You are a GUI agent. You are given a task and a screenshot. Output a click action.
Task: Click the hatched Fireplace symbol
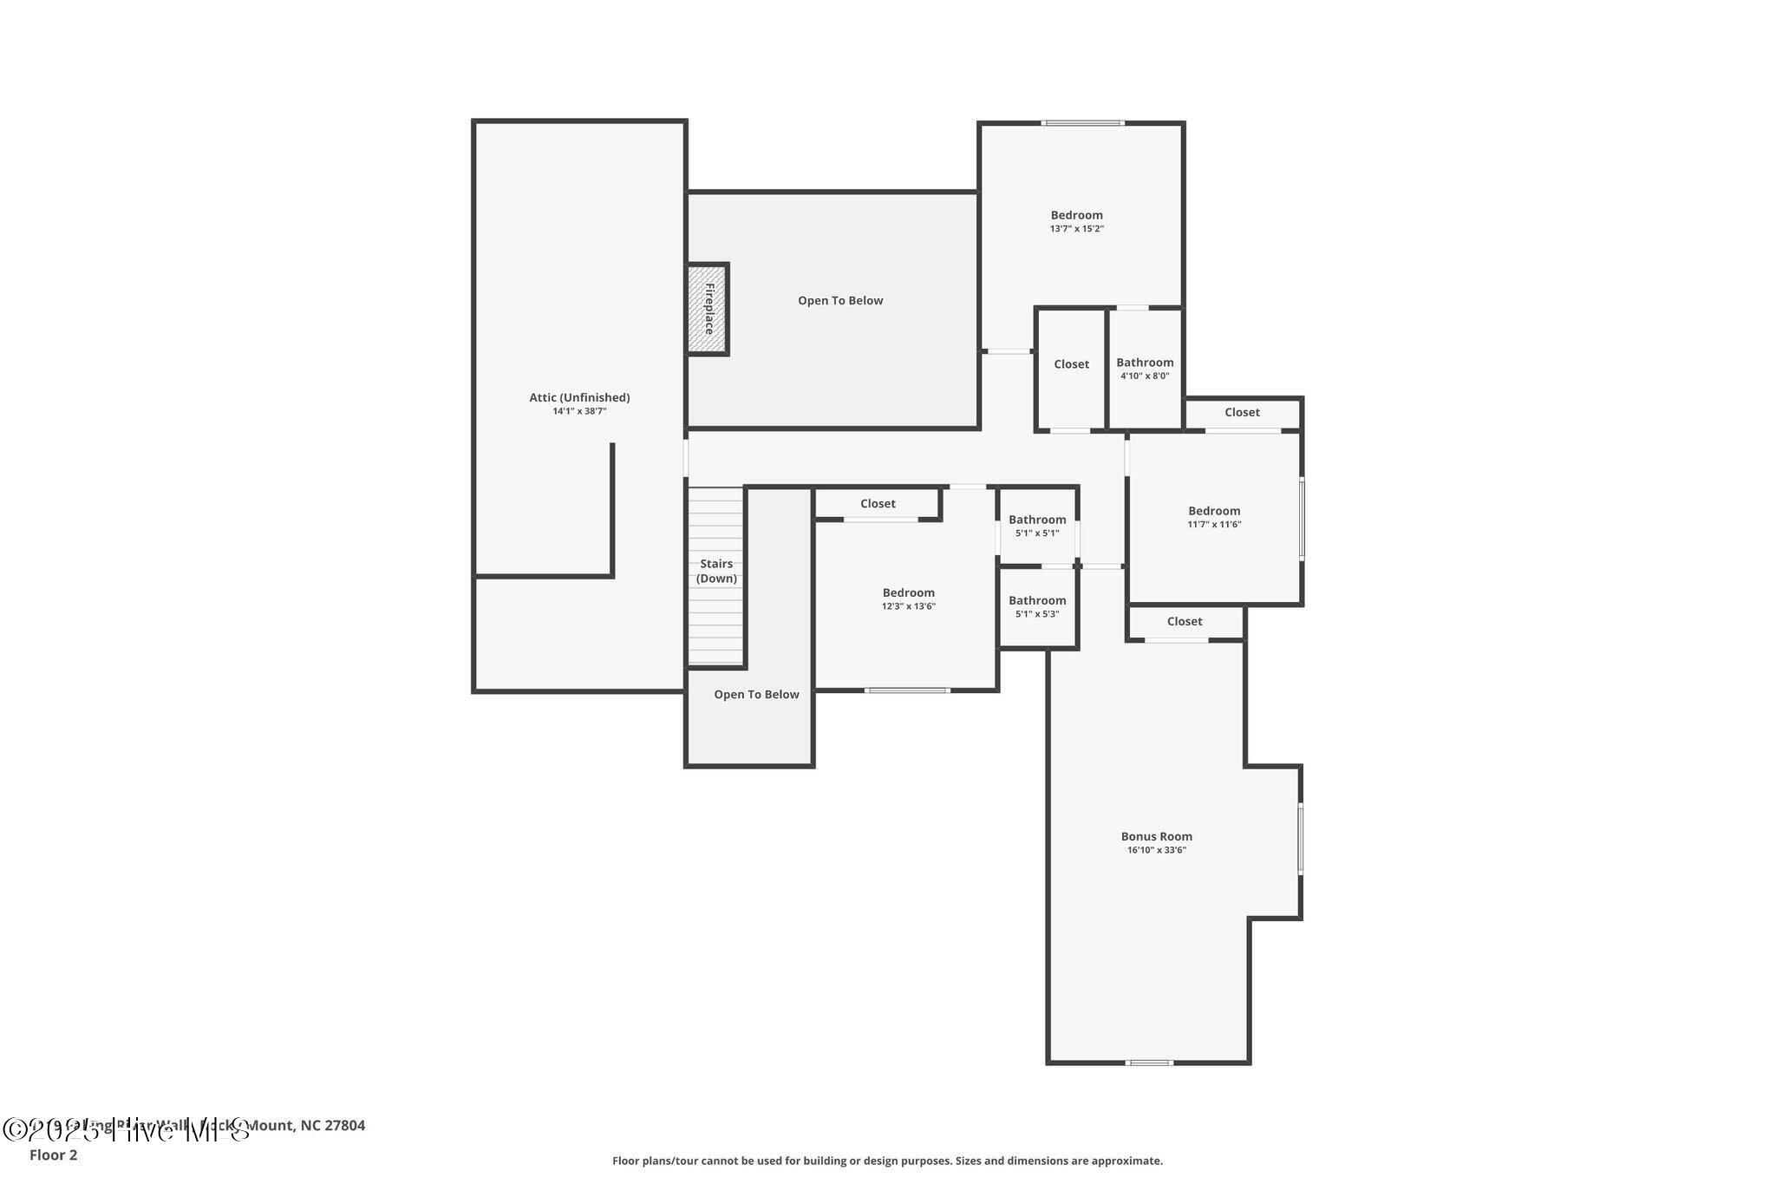[708, 309]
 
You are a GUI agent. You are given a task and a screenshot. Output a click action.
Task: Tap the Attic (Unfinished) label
[579, 398]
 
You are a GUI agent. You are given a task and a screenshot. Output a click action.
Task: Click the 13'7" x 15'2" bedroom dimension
[1076, 229]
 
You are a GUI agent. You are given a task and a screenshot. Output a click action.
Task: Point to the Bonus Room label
[1156, 837]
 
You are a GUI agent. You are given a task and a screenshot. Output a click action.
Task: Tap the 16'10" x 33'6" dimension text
[1156, 851]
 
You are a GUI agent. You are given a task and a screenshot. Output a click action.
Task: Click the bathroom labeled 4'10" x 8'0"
[1145, 369]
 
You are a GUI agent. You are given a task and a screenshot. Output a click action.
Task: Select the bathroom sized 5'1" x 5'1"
[1037, 526]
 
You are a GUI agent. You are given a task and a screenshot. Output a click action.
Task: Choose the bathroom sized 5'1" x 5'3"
[1037, 606]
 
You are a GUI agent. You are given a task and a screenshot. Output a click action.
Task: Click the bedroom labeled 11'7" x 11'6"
[1214, 517]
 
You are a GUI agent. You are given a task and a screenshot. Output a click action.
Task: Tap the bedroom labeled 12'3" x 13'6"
[908, 599]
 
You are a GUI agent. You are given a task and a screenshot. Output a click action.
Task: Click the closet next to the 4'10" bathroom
[1071, 365]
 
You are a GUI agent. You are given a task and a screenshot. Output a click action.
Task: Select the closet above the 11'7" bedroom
[1242, 413]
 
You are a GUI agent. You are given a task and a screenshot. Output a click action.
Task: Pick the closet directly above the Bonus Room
[1185, 622]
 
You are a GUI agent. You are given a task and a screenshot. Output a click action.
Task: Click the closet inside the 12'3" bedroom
[878, 504]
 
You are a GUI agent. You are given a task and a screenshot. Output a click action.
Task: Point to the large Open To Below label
[840, 301]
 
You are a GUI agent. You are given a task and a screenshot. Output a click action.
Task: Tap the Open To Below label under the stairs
[756, 695]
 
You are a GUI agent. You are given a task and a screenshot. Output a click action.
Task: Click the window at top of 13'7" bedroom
[1083, 123]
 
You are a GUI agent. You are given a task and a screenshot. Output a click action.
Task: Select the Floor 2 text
[53, 1155]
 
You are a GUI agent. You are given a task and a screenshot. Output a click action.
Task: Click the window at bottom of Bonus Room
[1149, 1063]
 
